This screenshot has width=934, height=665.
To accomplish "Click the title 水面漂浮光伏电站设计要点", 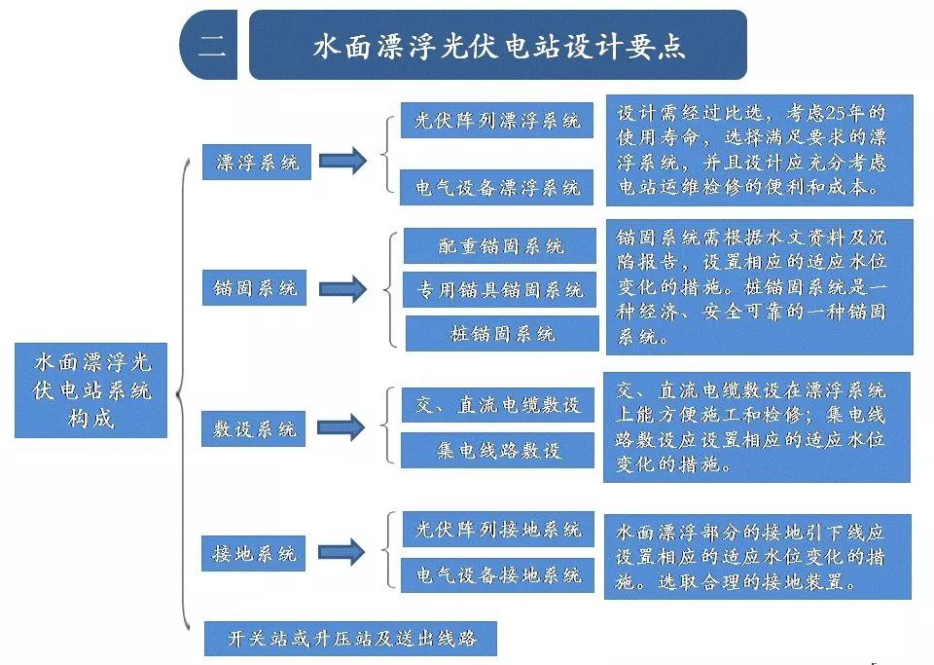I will [x=498, y=46].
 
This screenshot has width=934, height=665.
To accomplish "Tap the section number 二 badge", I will [x=210, y=46].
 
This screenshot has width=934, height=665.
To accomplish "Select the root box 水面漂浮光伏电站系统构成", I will [x=91, y=389].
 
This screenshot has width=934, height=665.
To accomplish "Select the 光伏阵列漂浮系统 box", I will [x=496, y=121].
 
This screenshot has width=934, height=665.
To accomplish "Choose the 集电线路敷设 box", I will [x=497, y=450].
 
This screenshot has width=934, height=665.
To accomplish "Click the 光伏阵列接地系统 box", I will [x=497, y=530].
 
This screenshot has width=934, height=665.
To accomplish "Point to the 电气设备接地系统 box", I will [x=497, y=573].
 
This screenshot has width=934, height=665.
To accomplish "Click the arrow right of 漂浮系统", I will [x=341, y=162].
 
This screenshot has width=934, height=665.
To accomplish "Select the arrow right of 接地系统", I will [x=341, y=553].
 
